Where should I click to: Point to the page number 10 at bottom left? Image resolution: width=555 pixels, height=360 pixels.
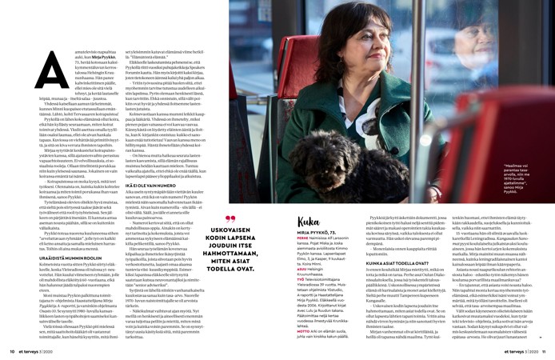[x=12, y=350]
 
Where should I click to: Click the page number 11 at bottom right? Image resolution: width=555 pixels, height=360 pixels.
[x=543, y=350]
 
